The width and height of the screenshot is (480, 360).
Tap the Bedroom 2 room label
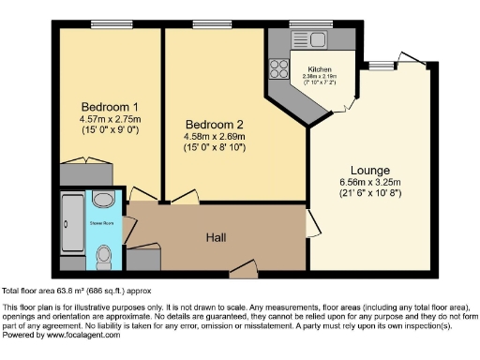[215, 125]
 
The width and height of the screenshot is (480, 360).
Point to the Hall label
[217, 238]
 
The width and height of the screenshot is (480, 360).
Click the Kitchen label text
[320, 68]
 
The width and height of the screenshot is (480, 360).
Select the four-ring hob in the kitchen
[279, 67]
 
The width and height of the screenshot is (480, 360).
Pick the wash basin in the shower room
[104, 202]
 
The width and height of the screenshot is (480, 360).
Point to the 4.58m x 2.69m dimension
[215, 137]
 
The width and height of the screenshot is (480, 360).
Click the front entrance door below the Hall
[243, 271]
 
